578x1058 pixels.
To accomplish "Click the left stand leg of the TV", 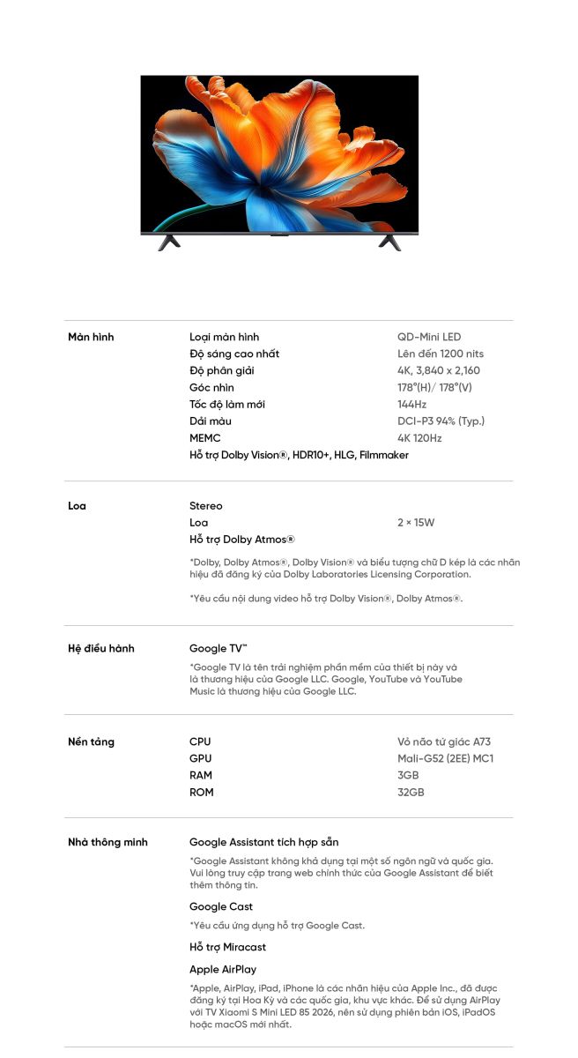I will tap(169, 242).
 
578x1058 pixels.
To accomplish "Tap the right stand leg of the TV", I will tap(389, 242).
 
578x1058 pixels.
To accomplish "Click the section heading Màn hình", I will tap(91, 337).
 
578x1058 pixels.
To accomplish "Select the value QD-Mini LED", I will tap(429, 337).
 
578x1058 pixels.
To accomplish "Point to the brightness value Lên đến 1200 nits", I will tap(441, 354).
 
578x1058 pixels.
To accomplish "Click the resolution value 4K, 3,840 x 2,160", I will tap(439, 370).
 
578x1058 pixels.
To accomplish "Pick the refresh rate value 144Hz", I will tap(411, 404).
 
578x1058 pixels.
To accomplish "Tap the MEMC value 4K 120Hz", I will tap(419, 437).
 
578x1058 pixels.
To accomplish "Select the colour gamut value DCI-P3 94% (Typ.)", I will tap(441, 421).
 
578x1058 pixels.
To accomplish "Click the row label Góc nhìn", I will tap(211, 387).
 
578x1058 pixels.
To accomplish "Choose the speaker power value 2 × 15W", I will tap(416, 522).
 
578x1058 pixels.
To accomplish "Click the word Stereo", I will tap(206, 505).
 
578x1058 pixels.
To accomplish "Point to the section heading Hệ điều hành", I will tap(101, 648).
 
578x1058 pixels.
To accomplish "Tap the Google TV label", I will tap(219, 648).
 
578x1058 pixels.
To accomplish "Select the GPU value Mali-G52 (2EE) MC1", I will tap(445, 758).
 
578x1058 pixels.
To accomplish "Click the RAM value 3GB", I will tap(408, 775).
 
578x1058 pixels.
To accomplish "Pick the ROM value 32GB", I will tap(411, 792).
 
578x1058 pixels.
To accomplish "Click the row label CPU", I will tap(200, 741).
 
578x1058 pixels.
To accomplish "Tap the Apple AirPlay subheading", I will tap(223, 969).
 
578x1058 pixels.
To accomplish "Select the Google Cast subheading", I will tap(221, 906).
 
